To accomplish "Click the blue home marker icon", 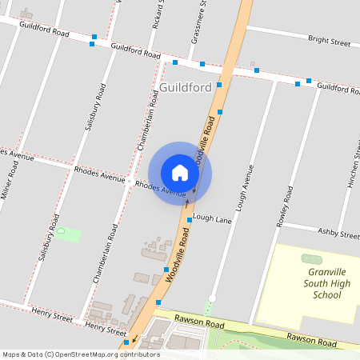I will tap(180, 173).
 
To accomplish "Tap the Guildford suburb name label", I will tap(185, 86).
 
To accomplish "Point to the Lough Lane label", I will tap(212, 218).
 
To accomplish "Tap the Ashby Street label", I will tap(339, 234).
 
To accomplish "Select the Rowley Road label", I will tap(282, 207).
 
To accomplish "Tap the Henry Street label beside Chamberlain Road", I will tap(106, 328).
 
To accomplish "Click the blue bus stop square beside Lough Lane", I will tap(190, 219).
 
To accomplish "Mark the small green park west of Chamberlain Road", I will tap(70, 235).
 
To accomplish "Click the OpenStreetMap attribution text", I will tap(81, 354).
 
